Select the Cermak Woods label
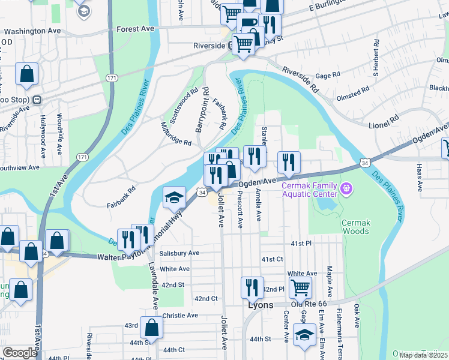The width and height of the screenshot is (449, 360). [x=355, y=227]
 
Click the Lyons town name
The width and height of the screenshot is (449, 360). [x=261, y=305]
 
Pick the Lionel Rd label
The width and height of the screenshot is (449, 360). [x=385, y=121]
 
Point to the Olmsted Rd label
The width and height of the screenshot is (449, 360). [x=353, y=94]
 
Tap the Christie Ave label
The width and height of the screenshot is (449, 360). [x=179, y=315]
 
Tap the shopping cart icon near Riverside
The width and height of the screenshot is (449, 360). [x=243, y=44]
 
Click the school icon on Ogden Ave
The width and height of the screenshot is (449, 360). [x=174, y=197]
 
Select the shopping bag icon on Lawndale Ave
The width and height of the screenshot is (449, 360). [x=152, y=328]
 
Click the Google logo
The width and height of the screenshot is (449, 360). [x=20, y=353]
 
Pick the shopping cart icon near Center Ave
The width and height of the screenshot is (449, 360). [x=300, y=287]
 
